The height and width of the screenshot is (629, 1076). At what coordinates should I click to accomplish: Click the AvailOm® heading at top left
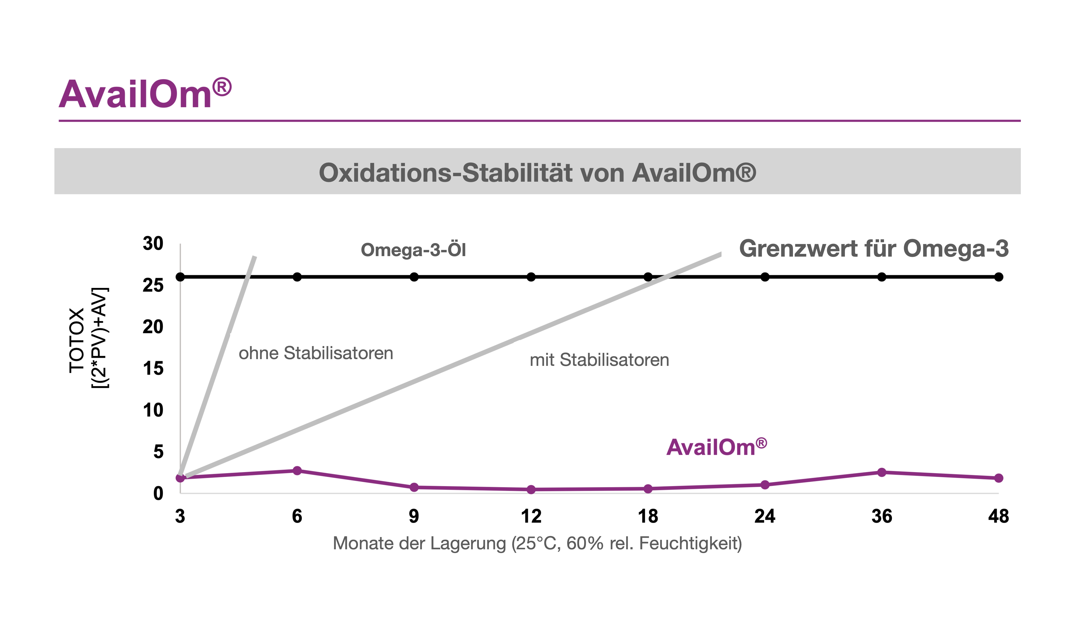(x=145, y=93)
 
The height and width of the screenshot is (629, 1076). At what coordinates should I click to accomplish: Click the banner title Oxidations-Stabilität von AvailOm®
(x=537, y=173)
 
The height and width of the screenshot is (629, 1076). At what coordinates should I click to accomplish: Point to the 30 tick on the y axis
(x=153, y=244)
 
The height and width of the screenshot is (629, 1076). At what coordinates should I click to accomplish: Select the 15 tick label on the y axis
(x=153, y=369)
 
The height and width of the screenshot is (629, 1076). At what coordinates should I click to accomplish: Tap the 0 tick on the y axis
(x=158, y=493)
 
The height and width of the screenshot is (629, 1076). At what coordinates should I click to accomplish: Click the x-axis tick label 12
(x=531, y=516)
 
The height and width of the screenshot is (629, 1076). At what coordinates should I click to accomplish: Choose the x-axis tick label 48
(x=999, y=516)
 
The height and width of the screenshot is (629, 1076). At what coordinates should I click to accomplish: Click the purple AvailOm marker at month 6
(x=297, y=471)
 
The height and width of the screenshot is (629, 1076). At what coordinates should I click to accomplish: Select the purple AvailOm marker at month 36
(x=882, y=472)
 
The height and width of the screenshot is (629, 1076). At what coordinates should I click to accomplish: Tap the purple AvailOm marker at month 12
(x=531, y=489)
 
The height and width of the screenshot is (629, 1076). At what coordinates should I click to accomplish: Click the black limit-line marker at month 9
(x=414, y=277)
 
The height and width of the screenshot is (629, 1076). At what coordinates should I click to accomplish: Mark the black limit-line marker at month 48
(x=999, y=277)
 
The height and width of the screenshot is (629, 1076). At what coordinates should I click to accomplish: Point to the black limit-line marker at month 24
(x=765, y=277)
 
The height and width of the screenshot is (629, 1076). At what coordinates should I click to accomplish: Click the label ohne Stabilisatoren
(x=316, y=353)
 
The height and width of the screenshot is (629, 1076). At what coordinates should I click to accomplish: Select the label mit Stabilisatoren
(x=599, y=360)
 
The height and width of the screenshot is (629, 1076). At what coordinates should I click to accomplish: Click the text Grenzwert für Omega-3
(x=874, y=249)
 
